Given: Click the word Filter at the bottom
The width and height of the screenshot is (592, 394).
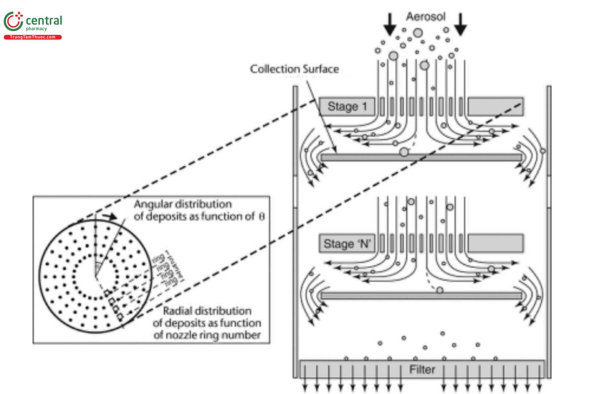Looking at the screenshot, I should pyautogui.click(x=422, y=369).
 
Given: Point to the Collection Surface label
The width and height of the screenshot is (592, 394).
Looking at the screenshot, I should pyautogui.click(x=295, y=69).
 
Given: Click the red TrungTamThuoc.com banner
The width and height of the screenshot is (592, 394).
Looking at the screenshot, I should pyautogui.click(x=33, y=37).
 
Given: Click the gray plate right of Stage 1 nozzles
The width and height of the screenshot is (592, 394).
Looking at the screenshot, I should pyautogui.click(x=495, y=106).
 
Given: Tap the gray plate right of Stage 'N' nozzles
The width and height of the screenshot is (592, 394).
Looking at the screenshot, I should pyautogui.click(x=495, y=243).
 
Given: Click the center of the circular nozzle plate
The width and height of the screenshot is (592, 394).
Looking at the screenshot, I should pyautogui.click(x=96, y=278).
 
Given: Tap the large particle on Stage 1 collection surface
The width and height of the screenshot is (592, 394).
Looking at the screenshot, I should pyautogui.click(x=404, y=152).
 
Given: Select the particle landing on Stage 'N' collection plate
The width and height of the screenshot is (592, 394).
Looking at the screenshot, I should pyautogui.click(x=440, y=290).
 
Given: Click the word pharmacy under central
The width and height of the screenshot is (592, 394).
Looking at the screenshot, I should pyautogui.click(x=43, y=29).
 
